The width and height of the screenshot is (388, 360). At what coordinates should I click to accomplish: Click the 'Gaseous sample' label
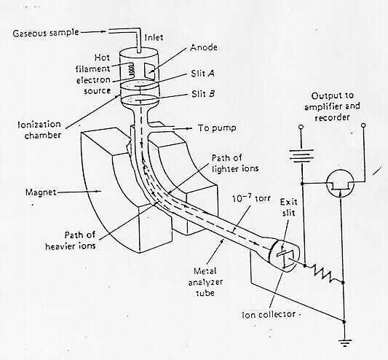pos(46,33)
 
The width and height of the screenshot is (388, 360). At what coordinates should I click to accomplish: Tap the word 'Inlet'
pos(154,37)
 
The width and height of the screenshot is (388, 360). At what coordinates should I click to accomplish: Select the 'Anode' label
pos(204,47)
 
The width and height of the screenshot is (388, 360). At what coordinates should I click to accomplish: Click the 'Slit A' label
pos(202,74)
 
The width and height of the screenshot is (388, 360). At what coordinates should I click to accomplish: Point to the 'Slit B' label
pos(203,94)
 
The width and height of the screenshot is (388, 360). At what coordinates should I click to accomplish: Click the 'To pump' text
pos(217,128)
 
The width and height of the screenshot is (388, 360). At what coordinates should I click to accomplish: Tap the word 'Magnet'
pos(41,192)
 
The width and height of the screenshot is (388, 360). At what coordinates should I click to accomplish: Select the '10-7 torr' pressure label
pos(251,198)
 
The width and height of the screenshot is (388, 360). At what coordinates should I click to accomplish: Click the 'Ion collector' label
pos(269,315)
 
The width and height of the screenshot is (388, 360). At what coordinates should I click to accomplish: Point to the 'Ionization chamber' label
pos(39,130)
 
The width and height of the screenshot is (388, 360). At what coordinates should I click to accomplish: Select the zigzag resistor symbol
pos(324,273)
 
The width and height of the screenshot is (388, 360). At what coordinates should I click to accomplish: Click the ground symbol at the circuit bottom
pos(344,343)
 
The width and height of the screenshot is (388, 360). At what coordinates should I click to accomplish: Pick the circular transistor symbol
pos(340,184)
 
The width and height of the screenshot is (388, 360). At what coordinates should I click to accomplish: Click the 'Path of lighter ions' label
pos(235,163)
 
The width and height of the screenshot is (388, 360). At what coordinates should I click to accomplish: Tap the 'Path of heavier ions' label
pos(71,240)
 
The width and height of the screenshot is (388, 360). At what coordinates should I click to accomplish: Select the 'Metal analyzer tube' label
pos(205,282)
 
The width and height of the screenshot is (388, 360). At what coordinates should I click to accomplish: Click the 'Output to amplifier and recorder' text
pos(332,106)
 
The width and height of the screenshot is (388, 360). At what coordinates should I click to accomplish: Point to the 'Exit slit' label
pos(288,208)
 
